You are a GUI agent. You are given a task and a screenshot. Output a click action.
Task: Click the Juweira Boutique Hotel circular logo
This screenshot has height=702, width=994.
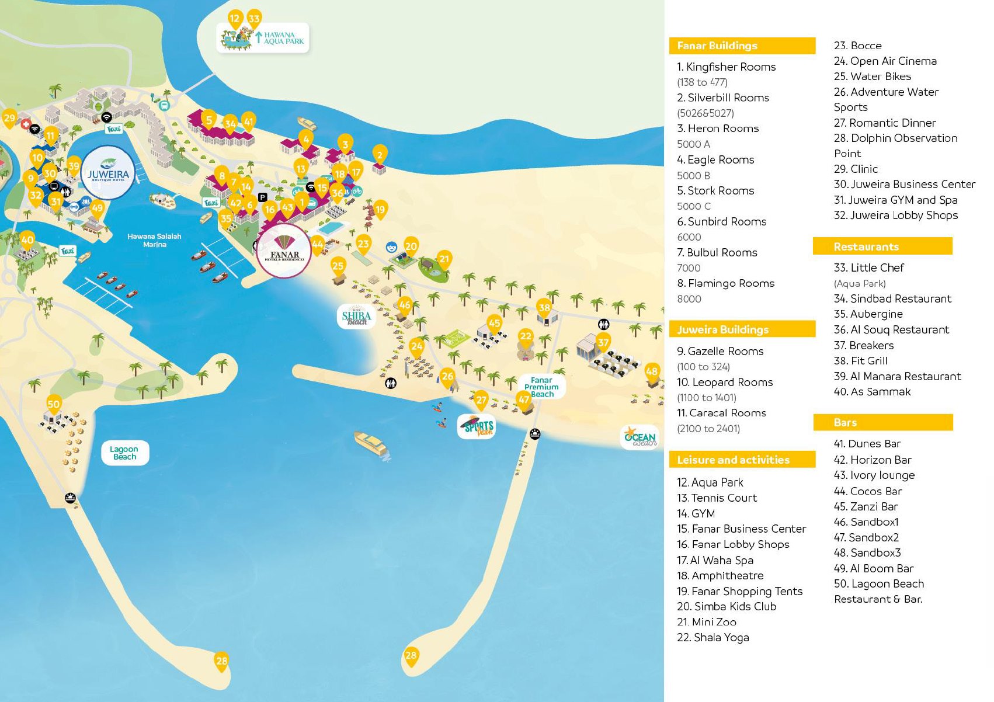point(108,173)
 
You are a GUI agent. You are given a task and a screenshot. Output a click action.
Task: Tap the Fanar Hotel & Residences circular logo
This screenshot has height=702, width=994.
point(284,251)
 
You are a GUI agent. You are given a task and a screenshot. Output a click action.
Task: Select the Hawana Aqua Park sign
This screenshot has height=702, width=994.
point(263,38)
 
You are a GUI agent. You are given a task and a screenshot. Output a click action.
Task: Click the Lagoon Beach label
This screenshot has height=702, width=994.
point(124,453)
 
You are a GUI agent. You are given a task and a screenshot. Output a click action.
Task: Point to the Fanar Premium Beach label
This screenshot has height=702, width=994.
point(541,387)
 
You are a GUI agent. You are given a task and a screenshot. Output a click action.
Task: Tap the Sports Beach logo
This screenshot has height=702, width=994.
point(478,426)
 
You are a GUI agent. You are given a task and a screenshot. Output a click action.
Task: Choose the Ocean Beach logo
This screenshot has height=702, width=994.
point(640,437)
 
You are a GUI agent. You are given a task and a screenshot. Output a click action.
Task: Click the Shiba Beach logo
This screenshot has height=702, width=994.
point(356,316)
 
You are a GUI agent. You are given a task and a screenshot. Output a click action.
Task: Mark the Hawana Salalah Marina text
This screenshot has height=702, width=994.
point(154,240)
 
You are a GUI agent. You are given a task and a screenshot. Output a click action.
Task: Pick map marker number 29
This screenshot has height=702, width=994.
point(9,119)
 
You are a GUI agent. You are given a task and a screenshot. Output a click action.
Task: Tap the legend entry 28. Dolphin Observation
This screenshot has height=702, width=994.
point(895,138)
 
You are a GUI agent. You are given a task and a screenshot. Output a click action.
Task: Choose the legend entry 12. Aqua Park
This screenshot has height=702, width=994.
point(710,482)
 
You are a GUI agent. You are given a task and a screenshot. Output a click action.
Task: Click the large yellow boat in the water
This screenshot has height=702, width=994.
point(371,443)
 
